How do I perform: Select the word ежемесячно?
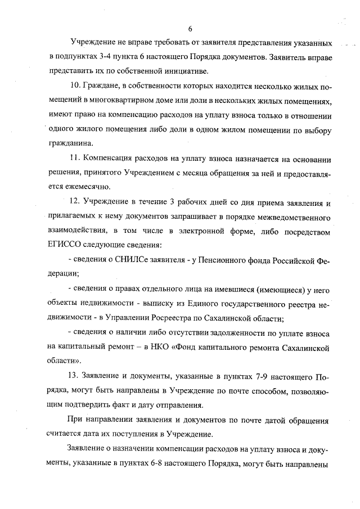(x=80, y=186)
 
